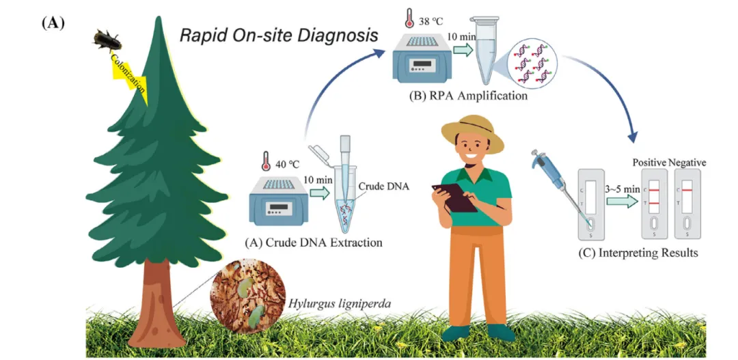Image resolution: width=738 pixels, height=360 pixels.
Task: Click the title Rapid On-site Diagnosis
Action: point(279,36)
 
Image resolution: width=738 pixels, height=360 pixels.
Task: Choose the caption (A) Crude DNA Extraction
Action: point(314,242)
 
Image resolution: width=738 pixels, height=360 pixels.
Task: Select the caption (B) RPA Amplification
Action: point(468,96)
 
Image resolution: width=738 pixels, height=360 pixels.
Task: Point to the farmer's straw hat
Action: point(472,133)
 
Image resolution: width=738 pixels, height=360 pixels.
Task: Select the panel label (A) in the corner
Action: point(53,23)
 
